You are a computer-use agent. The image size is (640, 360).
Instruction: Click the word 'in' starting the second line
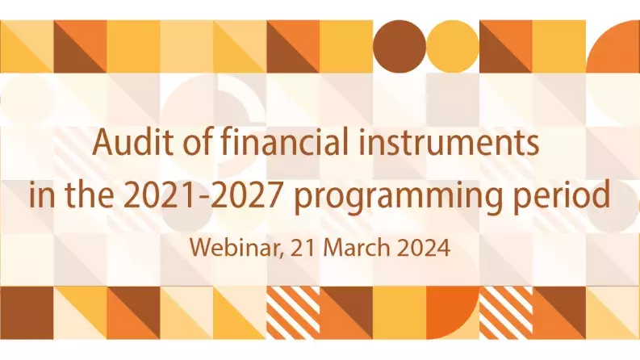point(39,195)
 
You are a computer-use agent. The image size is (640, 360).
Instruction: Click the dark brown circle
point(399,46)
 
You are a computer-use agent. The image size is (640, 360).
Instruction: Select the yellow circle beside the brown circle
point(452,46)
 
